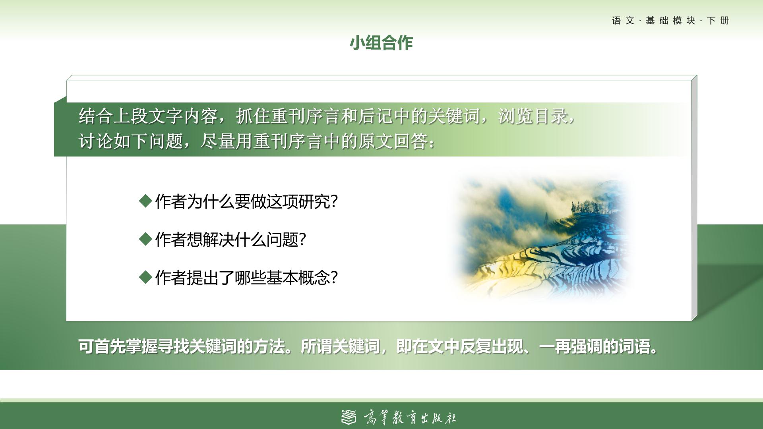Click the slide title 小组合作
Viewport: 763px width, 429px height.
coord(381,43)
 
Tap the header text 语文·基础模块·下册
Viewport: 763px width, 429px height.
coord(671,21)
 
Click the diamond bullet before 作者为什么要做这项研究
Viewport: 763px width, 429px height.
coord(146,201)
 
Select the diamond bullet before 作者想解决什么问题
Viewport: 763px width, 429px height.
coord(146,239)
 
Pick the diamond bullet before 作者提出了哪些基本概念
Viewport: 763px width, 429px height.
coord(146,277)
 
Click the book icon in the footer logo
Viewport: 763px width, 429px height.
coord(349,417)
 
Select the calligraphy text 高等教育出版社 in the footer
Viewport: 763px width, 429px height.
coord(410,417)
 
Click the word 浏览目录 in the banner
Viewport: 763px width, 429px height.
coord(533,116)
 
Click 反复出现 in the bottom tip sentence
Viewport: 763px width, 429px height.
coord(491,346)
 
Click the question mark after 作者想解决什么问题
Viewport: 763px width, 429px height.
coord(302,240)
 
